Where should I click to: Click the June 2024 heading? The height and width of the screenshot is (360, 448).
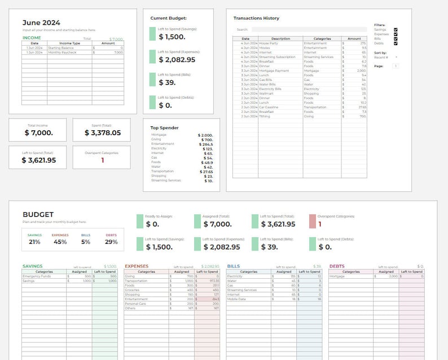41,23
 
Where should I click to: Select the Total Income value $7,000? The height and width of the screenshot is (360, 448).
39,133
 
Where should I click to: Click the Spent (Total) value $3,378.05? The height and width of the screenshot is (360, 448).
103,133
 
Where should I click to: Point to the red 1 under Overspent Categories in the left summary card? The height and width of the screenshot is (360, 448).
103,160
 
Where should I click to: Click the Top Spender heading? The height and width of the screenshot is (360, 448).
164,128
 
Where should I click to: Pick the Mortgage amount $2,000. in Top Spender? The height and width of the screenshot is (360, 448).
205,135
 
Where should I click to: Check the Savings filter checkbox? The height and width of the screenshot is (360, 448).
396,29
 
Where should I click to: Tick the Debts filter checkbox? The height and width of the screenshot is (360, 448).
396,43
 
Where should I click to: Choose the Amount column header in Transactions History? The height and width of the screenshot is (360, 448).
354,39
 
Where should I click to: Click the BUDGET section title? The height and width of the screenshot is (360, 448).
38,215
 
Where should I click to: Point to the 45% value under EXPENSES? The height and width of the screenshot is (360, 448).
60,242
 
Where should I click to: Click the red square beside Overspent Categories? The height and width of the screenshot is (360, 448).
313,221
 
